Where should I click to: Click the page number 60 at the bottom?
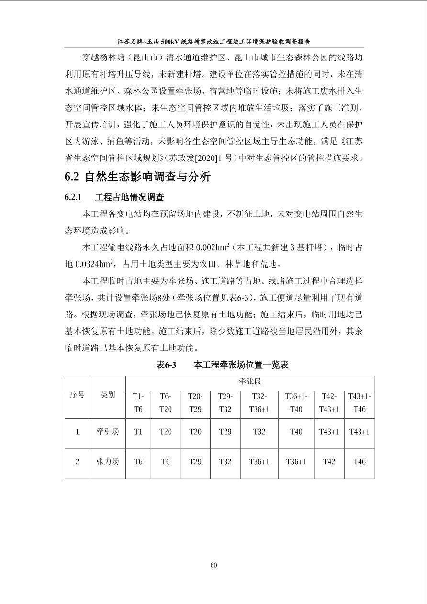click(213, 565)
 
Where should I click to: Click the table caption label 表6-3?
click(166, 365)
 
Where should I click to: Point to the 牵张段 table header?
click(250, 382)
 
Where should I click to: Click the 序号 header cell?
click(77, 395)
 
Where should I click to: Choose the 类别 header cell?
click(108, 395)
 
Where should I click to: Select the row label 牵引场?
click(108, 431)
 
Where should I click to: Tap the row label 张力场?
click(108, 461)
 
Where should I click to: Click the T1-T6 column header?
click(138, 403)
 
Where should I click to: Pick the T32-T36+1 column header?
click(259, 403)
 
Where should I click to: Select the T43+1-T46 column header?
click(359, 403)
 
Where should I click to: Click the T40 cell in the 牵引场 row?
click(296, 431)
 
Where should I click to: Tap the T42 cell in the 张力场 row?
click(329, 461)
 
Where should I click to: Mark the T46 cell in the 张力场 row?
click(359, 461)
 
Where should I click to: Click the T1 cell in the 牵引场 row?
click(138, 431)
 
